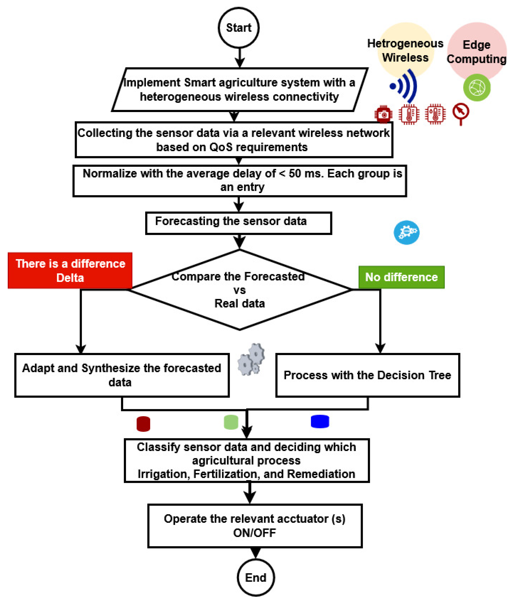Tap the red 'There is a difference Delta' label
click(70, 270)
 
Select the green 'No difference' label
click(401, 277)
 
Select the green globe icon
click(477, 87)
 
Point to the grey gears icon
click(251, 359)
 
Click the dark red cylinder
click(143, 424)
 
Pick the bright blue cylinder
click(320, 421)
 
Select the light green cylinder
click(231, 422)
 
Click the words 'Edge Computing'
click(476, 52)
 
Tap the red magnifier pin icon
click(460, 114)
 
